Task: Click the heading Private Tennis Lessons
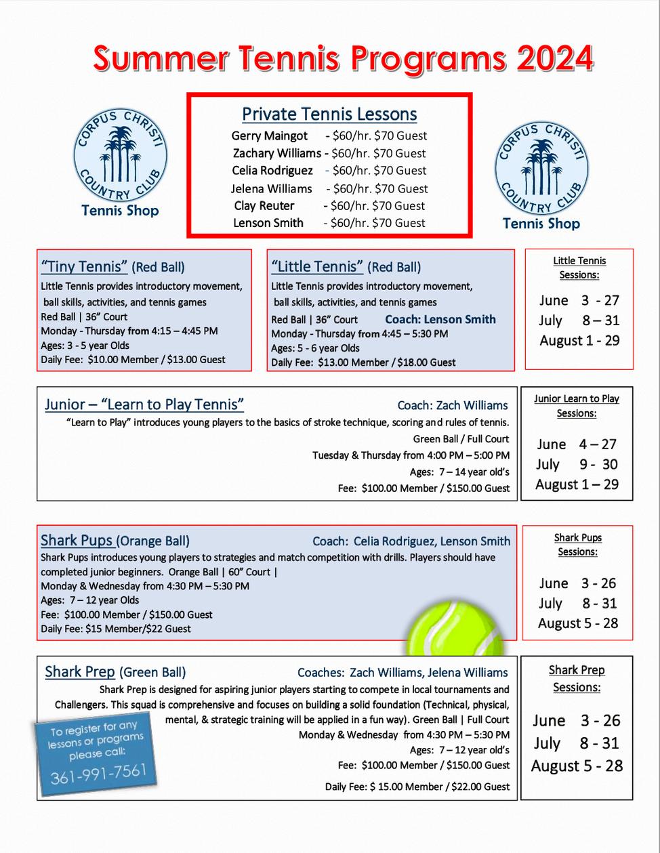point(329,115)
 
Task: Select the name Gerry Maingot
point(269,136)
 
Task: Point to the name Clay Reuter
point(264,205)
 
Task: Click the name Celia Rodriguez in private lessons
point(272,171)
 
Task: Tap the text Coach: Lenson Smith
point(440,319)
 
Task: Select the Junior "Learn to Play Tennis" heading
point(144,404)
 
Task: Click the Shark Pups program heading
point(77,540)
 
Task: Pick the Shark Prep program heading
point(80,671)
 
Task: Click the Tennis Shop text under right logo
point(541,224)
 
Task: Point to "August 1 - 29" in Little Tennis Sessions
point(579,341)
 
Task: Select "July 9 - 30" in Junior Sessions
point(577,464)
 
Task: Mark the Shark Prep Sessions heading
point(577,678)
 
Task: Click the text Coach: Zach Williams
point(453,405)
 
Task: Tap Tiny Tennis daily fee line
point(133,359)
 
